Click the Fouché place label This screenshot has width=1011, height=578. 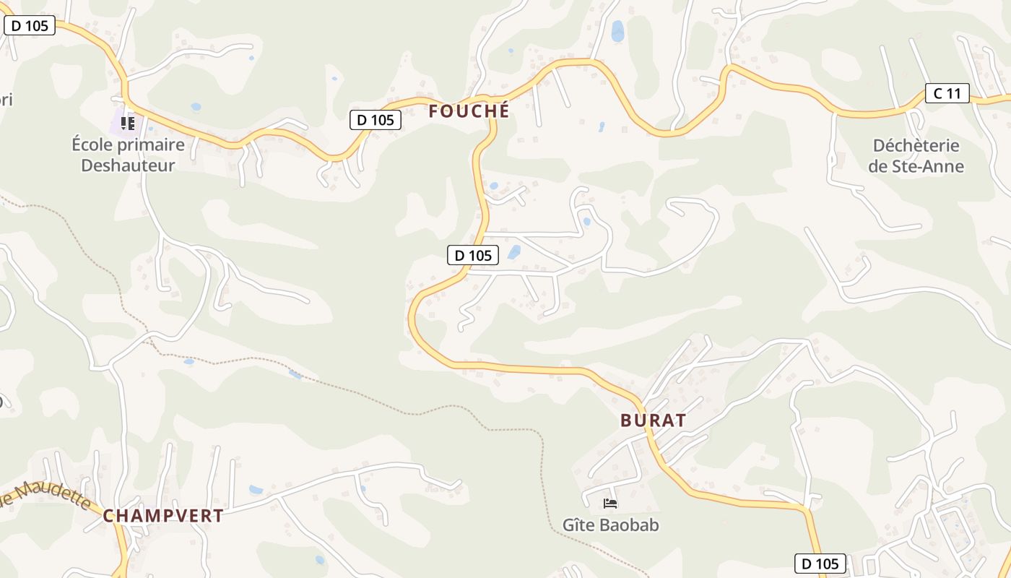(x=469, y=111)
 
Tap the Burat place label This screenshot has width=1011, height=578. (x=653, y=420)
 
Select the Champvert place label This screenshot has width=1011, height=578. (x=162, y=516)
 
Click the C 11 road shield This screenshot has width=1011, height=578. (x=947, y=92)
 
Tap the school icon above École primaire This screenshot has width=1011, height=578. (x=128, y=124)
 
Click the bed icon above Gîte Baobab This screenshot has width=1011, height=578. (x=610, y=503)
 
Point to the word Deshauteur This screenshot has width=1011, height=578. (x=128, y=165)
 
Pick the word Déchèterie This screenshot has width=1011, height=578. (x=916, y=146)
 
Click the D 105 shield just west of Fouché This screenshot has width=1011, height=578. (x=375, y=120)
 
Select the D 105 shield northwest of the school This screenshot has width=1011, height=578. (x=30, y=26)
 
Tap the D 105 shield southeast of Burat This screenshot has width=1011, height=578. (x=820, y=564)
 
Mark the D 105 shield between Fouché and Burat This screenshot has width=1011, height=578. (x=473, y=255)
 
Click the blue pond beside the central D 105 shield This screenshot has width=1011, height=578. (x=514, y=252)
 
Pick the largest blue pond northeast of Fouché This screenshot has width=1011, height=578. (x=617, y=31)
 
